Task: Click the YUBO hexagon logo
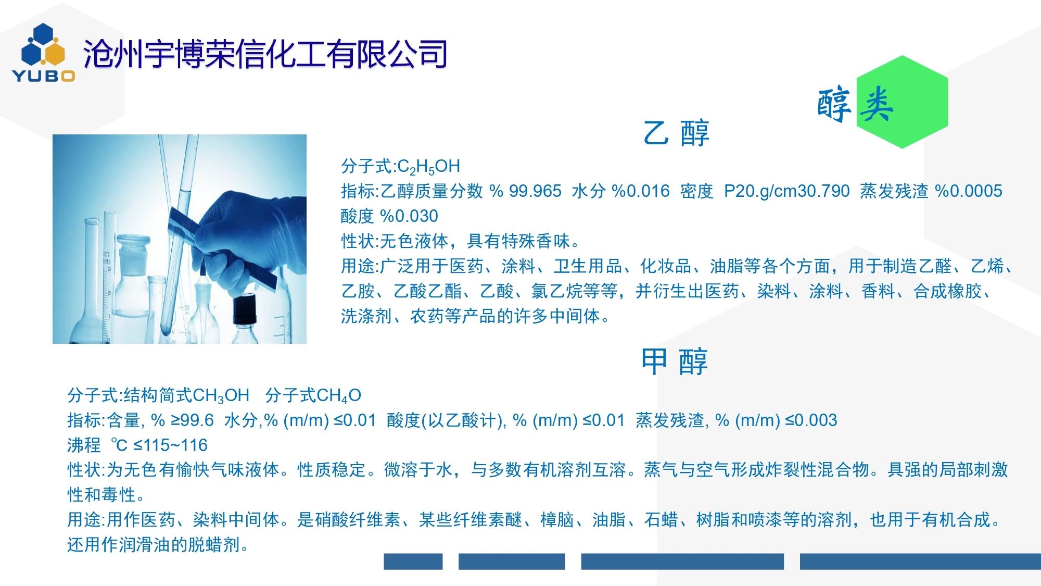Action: (44, 53)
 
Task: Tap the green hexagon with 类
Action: (902, 102)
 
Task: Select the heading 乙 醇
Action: (676, 133)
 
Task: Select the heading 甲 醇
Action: (675, 361)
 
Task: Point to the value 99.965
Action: (535, 191)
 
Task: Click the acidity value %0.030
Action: (409, 216)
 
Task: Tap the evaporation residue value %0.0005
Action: (969, 191)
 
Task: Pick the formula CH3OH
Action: (221, 396)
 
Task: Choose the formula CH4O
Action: (338, 396)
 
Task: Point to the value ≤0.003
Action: (811, 420)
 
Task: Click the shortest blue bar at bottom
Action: (413, 562)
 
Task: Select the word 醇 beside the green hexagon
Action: (834, 105)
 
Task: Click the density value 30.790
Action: (823, 191)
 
